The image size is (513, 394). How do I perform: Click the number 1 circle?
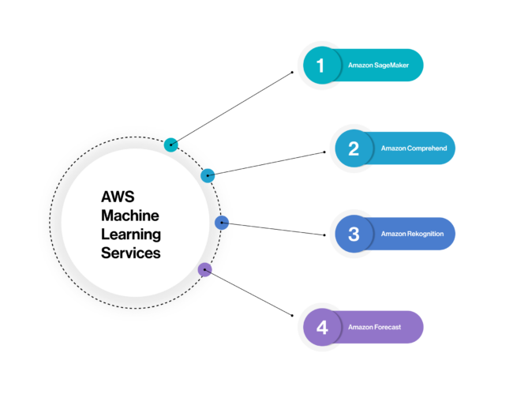[320, 66]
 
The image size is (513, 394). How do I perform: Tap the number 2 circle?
[353, 148]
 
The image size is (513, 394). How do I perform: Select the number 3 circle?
[353, 234]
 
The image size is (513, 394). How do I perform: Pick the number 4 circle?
[320, 327]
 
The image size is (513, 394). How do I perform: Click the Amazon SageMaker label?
[373, 66]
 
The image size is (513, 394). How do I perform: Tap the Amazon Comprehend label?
[408, 148]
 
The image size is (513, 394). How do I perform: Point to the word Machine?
[129, 216]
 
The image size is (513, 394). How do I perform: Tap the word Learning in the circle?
[130, 235]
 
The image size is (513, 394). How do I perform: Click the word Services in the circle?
[130, 253]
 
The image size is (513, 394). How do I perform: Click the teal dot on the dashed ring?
[170, 144]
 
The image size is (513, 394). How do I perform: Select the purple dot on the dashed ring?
[204, 270]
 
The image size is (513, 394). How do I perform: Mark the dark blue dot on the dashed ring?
[222, 223]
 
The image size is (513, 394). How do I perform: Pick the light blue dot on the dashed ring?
[208, 175]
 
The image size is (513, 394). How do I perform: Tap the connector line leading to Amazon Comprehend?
[267, 163]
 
